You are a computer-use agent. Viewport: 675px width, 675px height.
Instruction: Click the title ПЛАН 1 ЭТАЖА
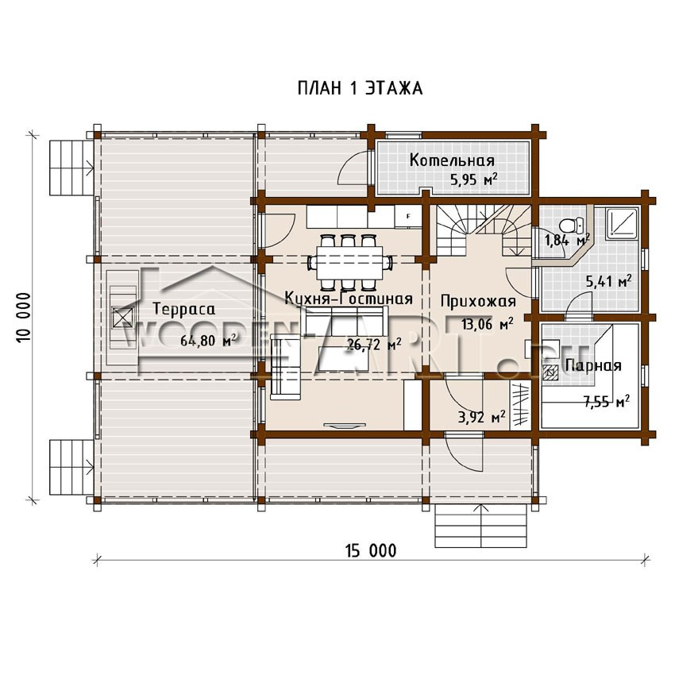tap(360, 88)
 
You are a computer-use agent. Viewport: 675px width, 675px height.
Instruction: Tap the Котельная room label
tap(452, 160)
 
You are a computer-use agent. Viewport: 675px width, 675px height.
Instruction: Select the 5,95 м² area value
tap(474, 179)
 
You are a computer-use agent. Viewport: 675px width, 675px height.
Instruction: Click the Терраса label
tap(183, 309)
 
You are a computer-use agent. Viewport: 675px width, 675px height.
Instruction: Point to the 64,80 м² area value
tap(208, 341)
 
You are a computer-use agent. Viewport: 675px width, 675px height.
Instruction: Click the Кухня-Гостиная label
tap(349, 299)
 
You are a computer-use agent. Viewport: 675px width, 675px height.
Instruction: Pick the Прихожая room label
tap(478, 301)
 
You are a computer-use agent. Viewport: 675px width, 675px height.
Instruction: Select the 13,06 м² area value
tap(488, 323)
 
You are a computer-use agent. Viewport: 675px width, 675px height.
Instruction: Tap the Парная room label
tap(593, 365)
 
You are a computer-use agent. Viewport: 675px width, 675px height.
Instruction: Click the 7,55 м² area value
tap(607, 402)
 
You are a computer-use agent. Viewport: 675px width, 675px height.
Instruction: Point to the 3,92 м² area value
tap(482, 417)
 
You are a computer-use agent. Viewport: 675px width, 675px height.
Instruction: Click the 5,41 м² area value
tap(609, 282)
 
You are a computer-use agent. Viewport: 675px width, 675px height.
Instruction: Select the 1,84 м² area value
tap(567, 240)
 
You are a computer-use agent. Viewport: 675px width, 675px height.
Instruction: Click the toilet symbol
tap(571, 226)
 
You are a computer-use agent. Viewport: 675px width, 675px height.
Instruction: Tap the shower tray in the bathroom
tap(622, 224)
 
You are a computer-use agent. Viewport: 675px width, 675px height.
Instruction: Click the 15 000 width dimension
tap(371, 550)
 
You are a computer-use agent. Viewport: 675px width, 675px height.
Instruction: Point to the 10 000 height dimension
tap(25, 318)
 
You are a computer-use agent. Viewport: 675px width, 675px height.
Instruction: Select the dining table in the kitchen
tap(350, 262)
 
